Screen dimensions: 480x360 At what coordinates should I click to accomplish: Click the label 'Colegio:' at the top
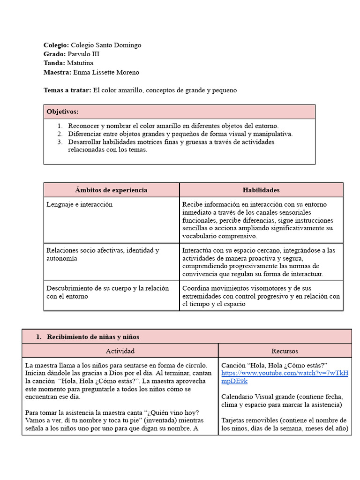pyautogui.click(x=56, y=45)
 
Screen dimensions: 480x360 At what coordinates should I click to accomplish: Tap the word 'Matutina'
pyautogui.click(x=80, y=63)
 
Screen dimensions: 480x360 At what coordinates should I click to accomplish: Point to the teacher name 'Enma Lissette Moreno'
pyautogui.click(x=106, y=72)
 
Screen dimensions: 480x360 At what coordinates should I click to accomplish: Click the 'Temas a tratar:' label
pyautogui.click(x=67, y=90)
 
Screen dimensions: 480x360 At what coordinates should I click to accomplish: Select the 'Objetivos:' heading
pyautogui.click(x=62, y=112)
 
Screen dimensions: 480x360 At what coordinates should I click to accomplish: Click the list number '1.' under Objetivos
pyautogui.click(x=60, y=126)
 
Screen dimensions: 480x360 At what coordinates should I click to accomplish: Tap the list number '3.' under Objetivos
pyautogui.click(x=60, y=142)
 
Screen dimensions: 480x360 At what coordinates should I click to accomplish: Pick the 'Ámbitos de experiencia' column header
pyautogui.click(x=111, y=190)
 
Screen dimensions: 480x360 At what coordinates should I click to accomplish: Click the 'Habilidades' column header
pyautogui.click(x=261, y=190)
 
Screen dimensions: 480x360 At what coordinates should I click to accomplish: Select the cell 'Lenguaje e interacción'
pyautogui.click(x=80, y=204)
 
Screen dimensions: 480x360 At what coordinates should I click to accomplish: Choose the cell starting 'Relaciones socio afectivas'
pyautogui.click(x=103, y=255)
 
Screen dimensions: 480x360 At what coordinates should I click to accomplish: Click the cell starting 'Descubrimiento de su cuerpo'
pyautogui.click(x=107, y=292)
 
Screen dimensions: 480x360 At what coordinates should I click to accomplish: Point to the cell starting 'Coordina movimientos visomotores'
pyautogui.click(x=261, y=296)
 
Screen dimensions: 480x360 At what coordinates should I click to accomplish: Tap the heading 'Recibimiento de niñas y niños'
pyautogui.click(x=93, y=337)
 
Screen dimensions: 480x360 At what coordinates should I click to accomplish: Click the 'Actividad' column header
pyautogui.click(x=120, y=351)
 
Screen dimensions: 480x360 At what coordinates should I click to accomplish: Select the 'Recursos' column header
pyautogui.click(x=285, y=351)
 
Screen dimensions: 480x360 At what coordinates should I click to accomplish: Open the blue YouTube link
pyautogui.click(x=285, y=377)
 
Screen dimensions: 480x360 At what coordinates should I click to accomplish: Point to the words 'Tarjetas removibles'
pyautogui.click(x=249, y=420)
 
